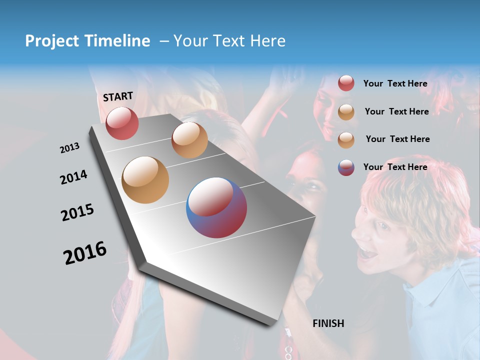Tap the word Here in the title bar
pos(267,41)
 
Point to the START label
pos(118,96)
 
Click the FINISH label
pos(328,323)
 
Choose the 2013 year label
pos(69,148)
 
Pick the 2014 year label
pos(73,177)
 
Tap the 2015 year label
pos(77,212)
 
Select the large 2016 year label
pos(85,253)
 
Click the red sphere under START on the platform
pos(122,123)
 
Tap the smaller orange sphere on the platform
pos(189,140)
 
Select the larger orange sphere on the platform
pos(145,180)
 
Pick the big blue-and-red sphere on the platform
pos(216,207)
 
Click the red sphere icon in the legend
pos(346,83)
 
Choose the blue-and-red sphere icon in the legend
pos(346,167)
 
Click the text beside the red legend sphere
pos(395,83)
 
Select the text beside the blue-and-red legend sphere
pos(395,167)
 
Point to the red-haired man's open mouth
pos(368,253)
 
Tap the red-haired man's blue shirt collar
pos(425,295)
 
